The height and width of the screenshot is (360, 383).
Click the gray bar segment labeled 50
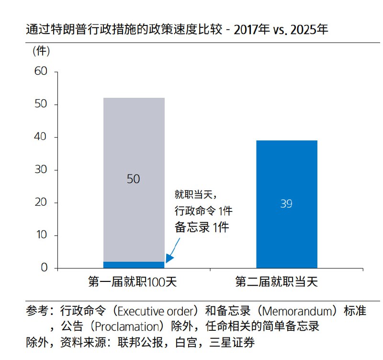coord(134,144)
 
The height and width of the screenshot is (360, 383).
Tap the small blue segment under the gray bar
coord(134,265)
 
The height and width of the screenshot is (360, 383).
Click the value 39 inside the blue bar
coord(286,204)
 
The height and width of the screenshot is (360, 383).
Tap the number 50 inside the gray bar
coord(133,179)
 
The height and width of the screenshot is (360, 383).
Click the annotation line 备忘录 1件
coord(201,227)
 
